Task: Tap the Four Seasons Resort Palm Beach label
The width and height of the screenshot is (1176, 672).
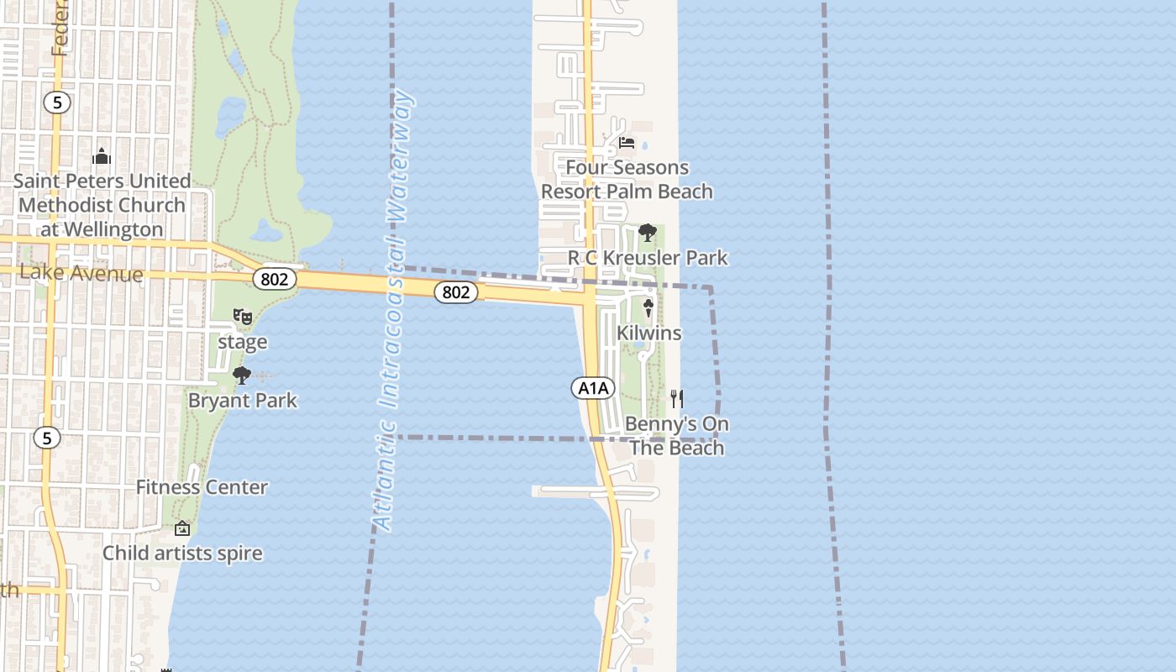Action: (x=627, y=180)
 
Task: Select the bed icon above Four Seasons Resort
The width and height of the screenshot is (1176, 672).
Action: (x=627, y=143)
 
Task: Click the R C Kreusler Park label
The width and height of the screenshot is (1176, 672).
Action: (x=648, y=258)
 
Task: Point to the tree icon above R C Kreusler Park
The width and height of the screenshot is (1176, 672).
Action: (x=647, y=233)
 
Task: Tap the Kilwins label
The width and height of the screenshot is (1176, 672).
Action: (x=648, y=333)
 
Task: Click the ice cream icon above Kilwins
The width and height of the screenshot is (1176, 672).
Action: (x=648, y=308)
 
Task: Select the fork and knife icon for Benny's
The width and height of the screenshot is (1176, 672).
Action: (x=677, y=398)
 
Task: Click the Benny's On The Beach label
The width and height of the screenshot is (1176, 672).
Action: (x=677, y=436)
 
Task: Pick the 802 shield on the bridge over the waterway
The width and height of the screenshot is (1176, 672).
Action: (x=456, y=292)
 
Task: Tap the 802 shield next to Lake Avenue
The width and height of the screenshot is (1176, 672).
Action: (x=275, y=280)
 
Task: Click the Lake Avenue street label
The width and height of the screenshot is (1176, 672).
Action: (x=81, y=273)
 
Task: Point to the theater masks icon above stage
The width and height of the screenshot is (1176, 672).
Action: (x=243, y=317)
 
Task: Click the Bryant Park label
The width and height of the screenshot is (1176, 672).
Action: (x=243, y=401)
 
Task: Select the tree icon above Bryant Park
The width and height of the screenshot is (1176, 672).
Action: (x=242, y=375)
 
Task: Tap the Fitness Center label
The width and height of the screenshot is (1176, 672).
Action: (x=202, y=487)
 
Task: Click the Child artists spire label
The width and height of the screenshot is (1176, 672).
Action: (x=182, y=554)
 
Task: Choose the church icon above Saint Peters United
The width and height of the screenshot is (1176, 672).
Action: (x=102, y=156)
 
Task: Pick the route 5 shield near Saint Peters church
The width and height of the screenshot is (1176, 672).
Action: (x=57, y=102)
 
